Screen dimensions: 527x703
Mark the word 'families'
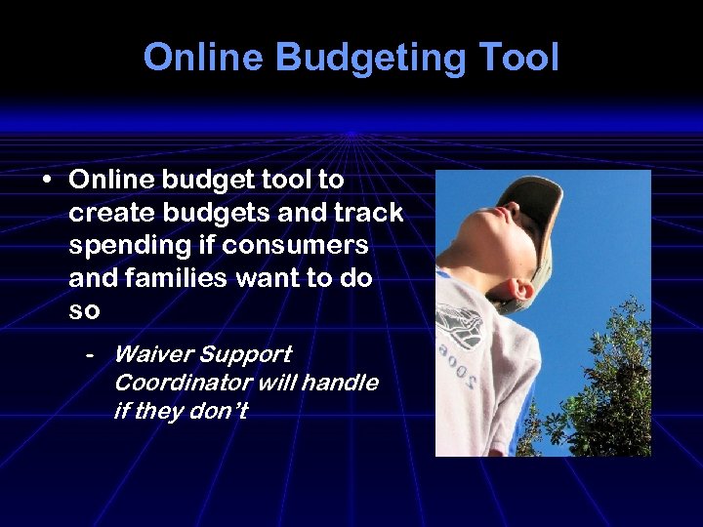click(x=169, y=278)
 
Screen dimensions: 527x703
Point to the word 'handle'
click(x=340, y=383)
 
